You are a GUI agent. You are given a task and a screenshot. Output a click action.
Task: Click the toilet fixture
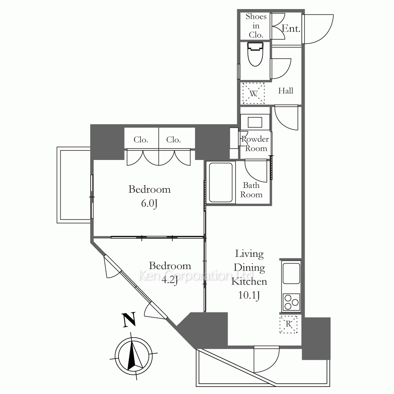[255, 54]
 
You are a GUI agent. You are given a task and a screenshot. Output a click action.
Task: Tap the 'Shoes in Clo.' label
[256, 25]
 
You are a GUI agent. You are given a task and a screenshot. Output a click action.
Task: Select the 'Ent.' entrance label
[291, 28]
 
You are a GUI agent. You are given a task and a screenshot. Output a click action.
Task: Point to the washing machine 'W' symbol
[253, 93]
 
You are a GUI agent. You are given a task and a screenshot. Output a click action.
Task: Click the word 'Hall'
[286, 91]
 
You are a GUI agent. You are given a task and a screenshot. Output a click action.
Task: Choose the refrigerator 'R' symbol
[288, 324]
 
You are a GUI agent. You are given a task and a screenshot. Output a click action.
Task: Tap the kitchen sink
[291, 273]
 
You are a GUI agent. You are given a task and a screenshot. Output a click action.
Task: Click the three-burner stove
[291, 302]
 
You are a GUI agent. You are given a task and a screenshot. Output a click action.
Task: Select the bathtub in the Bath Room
[221, 182]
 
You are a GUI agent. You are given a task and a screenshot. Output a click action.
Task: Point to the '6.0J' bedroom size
[149, 203]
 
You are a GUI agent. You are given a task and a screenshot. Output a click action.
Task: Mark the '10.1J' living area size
[249, 295]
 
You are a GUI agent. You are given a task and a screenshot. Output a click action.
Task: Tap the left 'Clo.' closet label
[141, 139]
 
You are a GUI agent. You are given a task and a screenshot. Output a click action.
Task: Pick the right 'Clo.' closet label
[173, 139]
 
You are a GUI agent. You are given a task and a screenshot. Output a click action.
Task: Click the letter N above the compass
[129, 320]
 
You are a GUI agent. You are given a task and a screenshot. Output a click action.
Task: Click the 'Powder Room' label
[255, 144]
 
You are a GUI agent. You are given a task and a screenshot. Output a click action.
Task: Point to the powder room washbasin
[255, 123]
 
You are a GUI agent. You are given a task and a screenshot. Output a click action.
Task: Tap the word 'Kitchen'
[249, 281]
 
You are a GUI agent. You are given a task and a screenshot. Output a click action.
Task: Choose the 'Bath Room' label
[251, 190]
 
